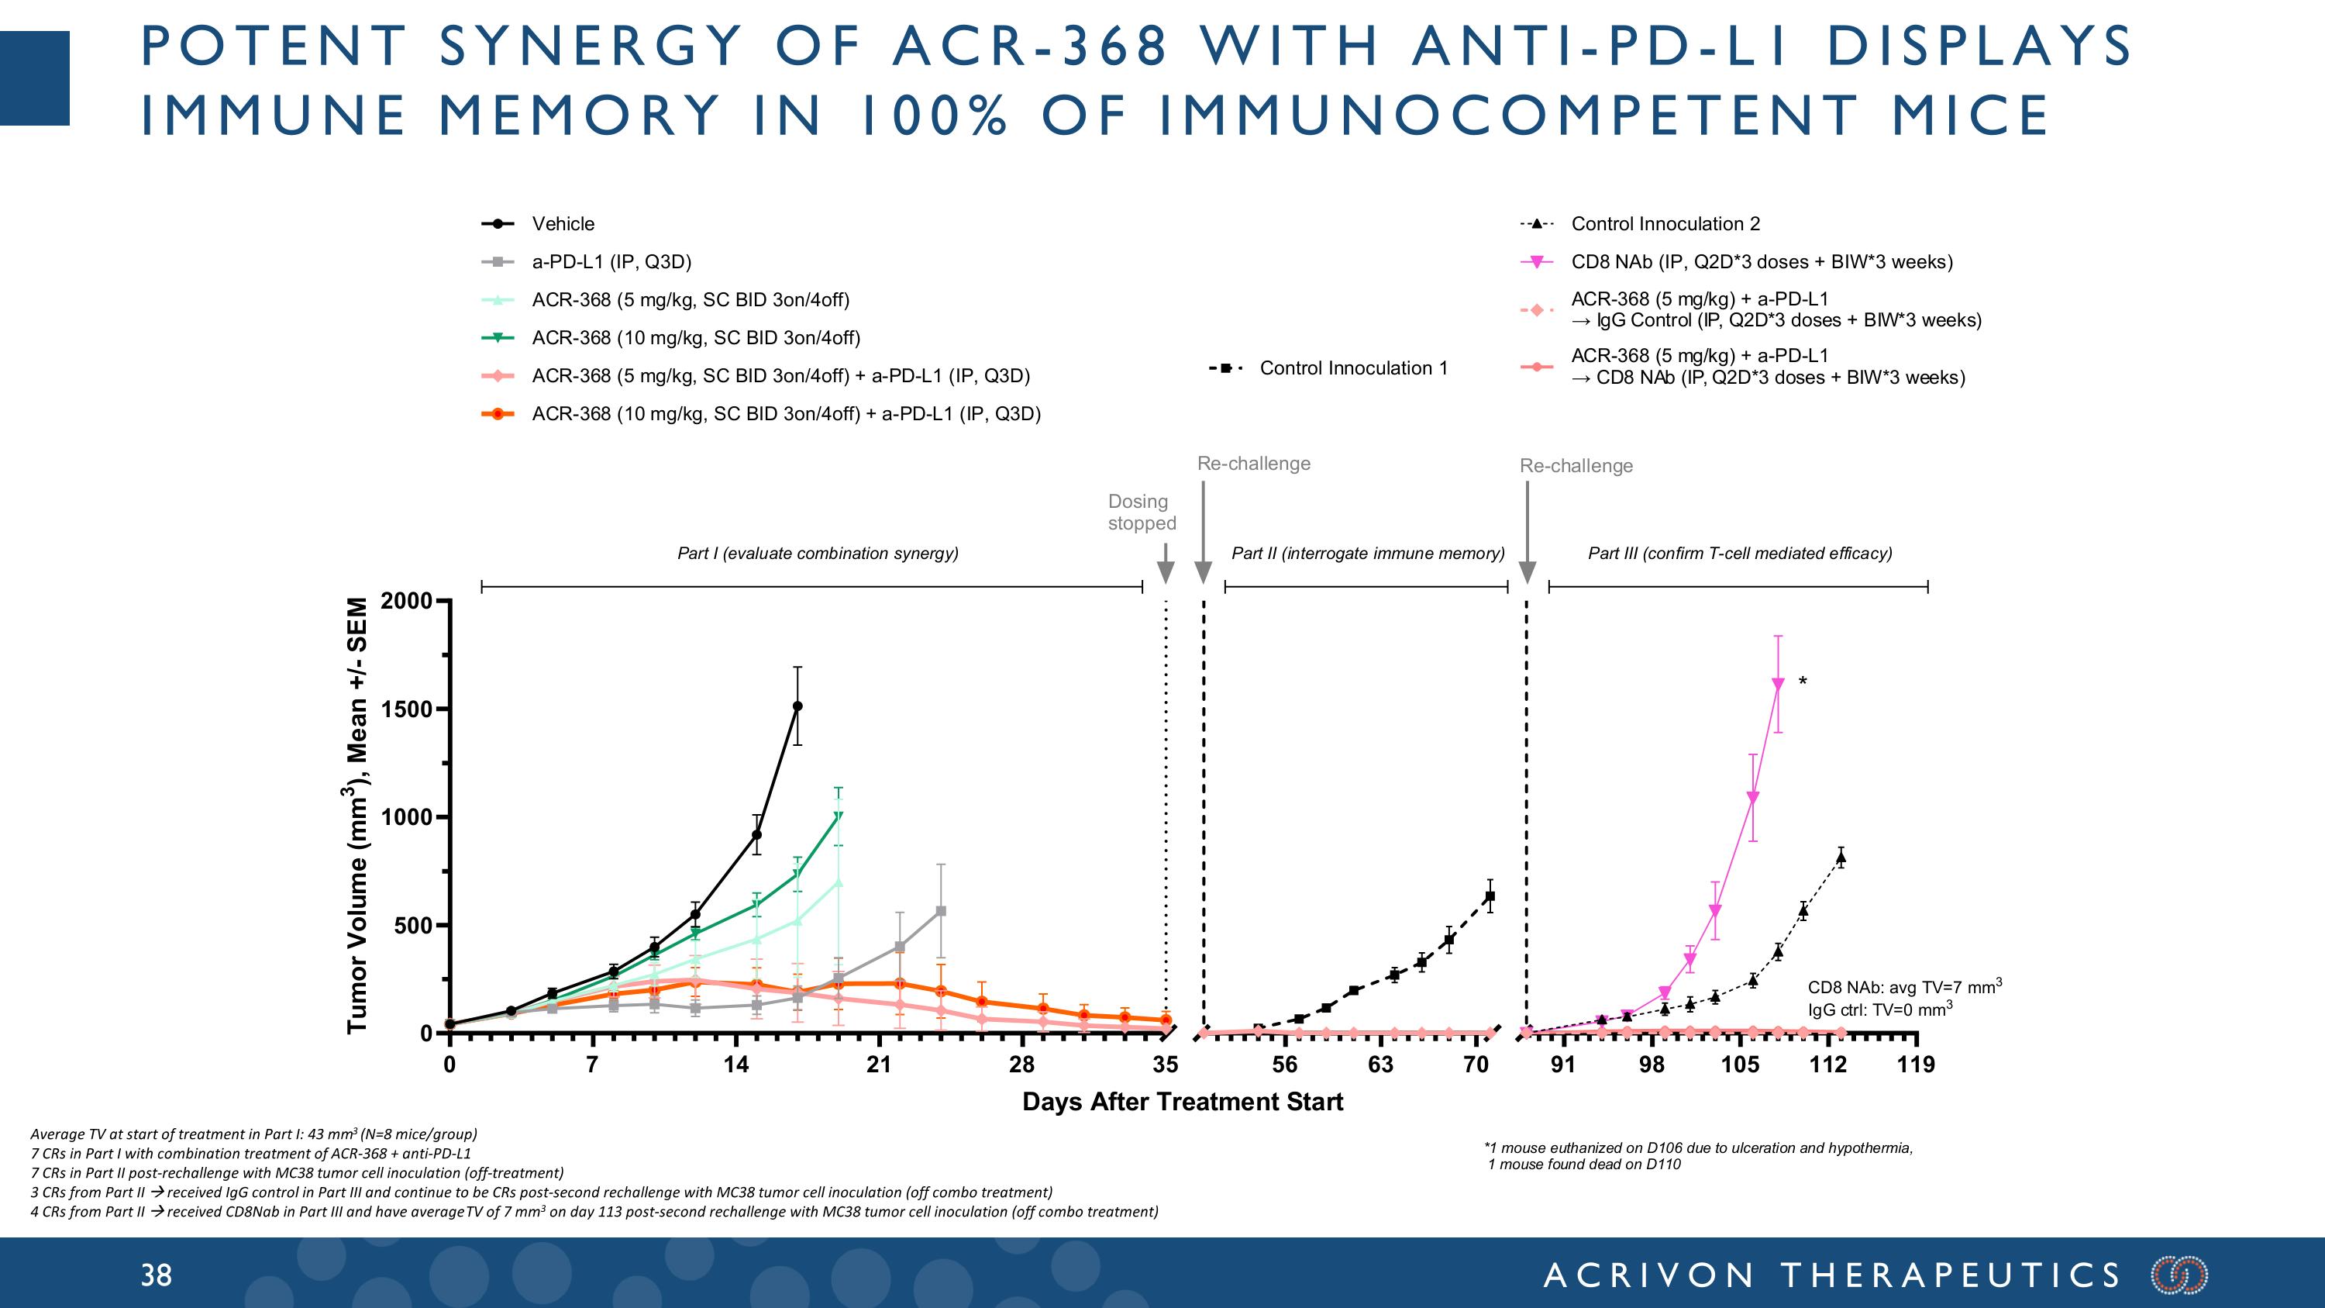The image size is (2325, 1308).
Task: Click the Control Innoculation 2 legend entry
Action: pos(1665,224)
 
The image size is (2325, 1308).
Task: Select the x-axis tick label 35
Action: pos(1165,1065)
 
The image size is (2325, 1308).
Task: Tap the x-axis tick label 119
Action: pos(1915,1065)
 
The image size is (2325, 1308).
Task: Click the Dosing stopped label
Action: pos(1141,512)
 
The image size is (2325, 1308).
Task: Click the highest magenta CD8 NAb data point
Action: pos(1778,685)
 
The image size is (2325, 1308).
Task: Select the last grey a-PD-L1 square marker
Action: pos(942,912)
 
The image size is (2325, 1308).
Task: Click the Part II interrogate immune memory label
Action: pos(1367,554)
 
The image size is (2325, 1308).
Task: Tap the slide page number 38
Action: pos(155,1275)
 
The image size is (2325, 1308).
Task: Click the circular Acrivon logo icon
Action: pos(2179,1275)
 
